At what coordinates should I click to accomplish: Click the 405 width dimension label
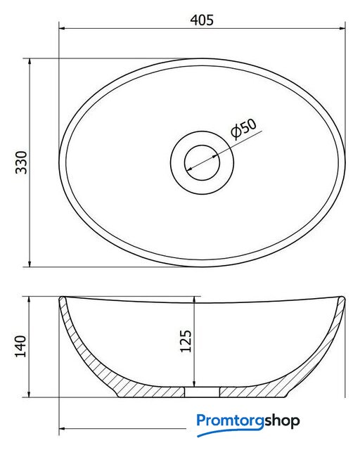click(202, 20)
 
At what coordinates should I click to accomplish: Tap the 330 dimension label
click(21, 162)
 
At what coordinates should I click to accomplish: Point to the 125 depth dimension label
click(186, 341)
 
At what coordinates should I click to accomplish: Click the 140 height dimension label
click(20, 346)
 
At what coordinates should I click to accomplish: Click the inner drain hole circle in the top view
click(202, 162)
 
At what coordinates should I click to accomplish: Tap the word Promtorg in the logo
click(230, 421)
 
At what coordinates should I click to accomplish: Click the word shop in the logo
click(282, 421)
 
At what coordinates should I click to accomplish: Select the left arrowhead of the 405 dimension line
click(63, 28)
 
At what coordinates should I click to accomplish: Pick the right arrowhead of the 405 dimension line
click(342, 28)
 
